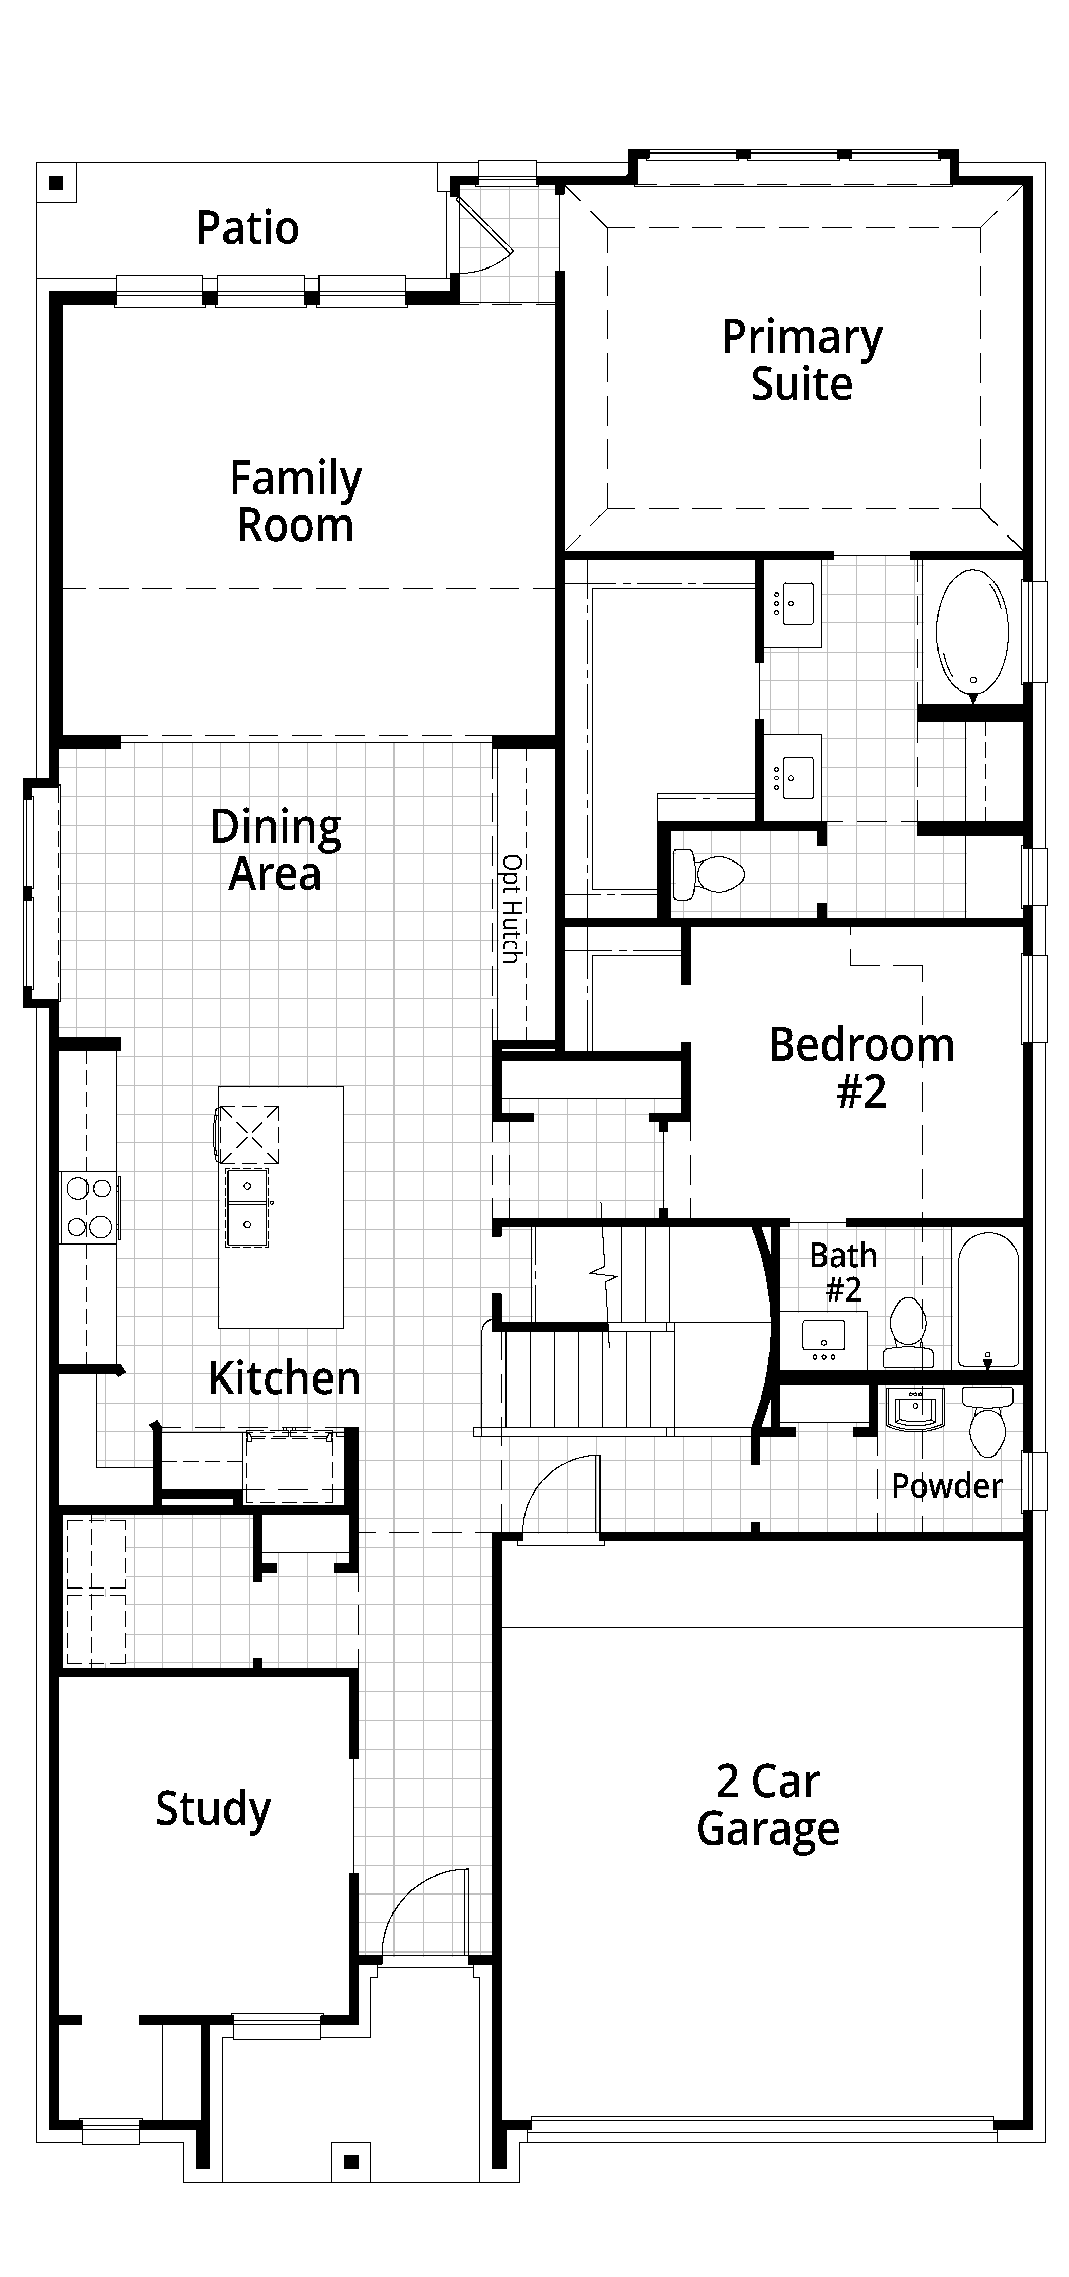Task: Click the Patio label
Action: pyautogui.click(x=248, y=228)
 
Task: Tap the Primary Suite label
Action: pyautogui.click(x=802, y=360)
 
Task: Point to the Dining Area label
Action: pyautogui.click(x=276, y=850)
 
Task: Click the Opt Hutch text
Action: pyautogui.click(x=511, y=908)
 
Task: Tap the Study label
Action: pyautogui.click(x=213, y=1809)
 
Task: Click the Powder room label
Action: pyautogui.click(x=946, y=1486)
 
